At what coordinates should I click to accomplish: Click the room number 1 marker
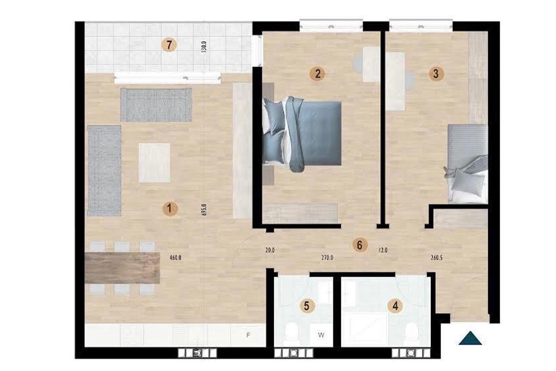[x=170, y=210]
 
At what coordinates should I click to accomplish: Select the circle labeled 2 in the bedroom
[x=317, y=73]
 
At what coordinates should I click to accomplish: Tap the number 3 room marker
[x=435, y=73]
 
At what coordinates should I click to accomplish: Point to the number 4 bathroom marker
[x=395, y=306]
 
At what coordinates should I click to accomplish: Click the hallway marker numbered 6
[x=359, y=245]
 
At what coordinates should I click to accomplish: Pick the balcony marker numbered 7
[x=170, y=45]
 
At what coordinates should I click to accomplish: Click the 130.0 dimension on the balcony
[x=203, y=46]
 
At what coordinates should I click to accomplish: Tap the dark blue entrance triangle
[x=470, y=338]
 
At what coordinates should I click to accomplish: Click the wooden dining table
[x=123, y=268]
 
